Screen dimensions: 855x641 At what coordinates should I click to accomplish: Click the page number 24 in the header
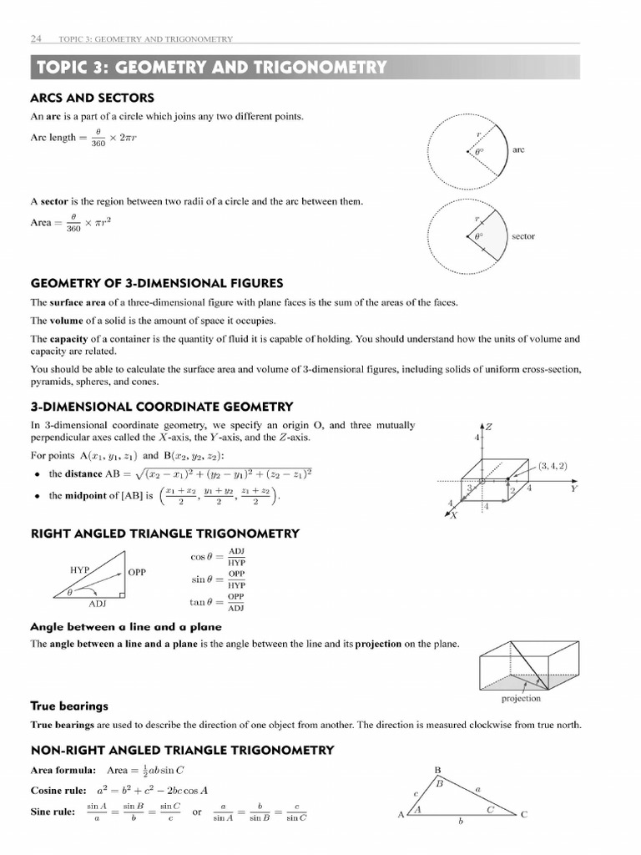[36, 38]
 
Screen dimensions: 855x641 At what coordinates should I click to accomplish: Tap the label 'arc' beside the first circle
[518, 149]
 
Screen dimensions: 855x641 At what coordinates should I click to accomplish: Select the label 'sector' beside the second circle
[523, 236]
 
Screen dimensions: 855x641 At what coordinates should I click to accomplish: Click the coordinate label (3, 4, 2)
[553, 465]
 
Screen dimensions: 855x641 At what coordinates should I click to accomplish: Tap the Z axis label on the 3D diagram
[489, 427]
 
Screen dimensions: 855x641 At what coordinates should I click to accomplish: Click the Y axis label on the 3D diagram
[573, 489]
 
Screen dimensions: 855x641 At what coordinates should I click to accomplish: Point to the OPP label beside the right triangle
[137, 573]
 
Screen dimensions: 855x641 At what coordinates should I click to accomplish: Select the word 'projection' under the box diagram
[521, 698]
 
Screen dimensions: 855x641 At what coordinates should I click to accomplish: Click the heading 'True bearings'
[69, 706]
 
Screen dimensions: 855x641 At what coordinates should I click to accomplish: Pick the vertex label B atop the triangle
[439, 770]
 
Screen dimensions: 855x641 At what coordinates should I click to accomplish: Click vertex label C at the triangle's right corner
[524, 815]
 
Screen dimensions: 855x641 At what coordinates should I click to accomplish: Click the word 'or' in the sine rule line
[197, 812]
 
